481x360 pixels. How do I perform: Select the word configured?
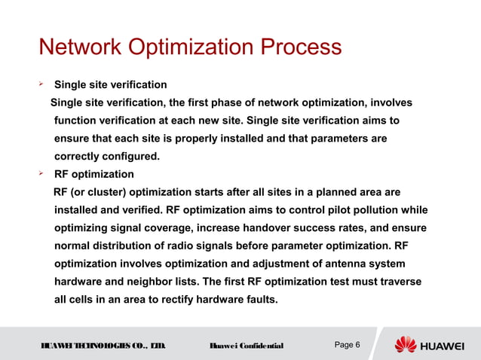coord(130,157)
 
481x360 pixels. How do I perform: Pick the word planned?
coord(336,192)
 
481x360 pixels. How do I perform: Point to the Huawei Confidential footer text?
coord(246,346)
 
